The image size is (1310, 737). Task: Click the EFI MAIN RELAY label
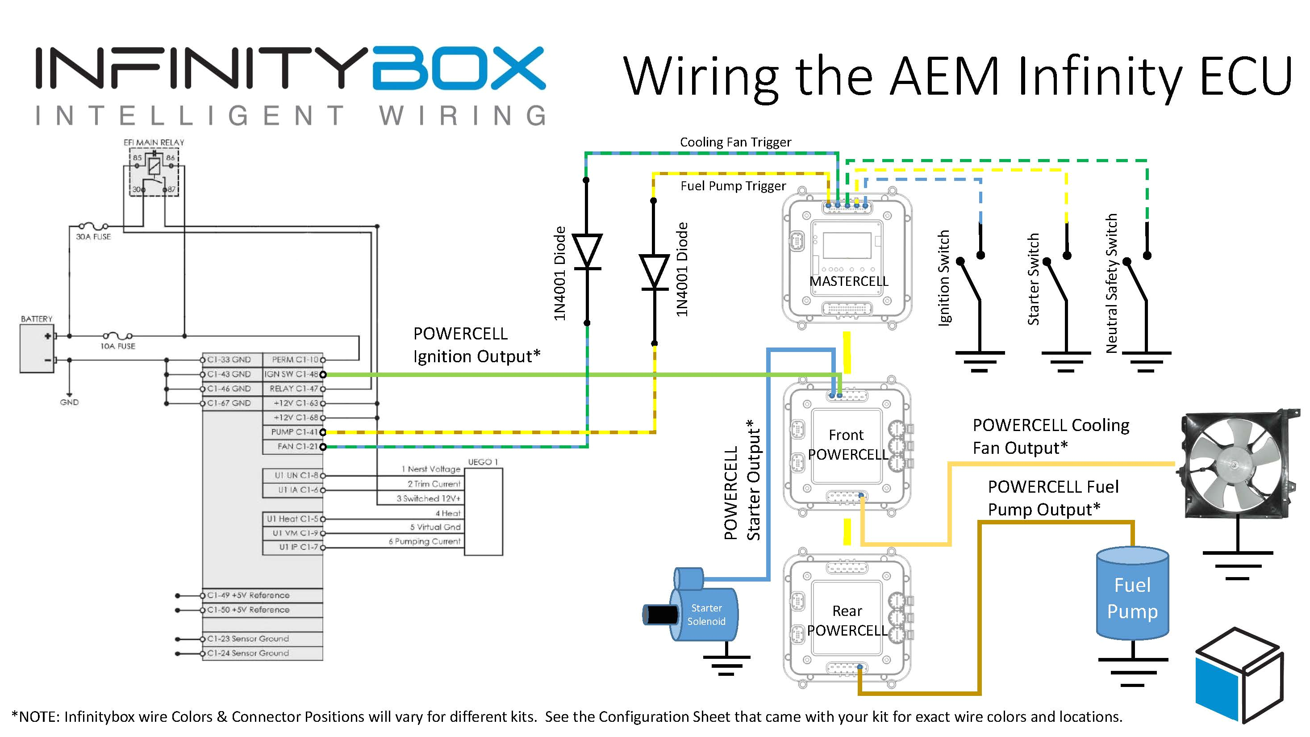pos(154,142)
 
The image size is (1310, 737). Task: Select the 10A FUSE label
pos(117,346)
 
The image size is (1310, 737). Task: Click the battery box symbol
pos(37,348)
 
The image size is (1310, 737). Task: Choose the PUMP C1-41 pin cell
pos(293,432)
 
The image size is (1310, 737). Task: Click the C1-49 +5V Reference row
pos(248,595)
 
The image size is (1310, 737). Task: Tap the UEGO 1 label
pos(483,462)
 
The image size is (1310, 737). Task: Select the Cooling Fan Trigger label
pos(735,142)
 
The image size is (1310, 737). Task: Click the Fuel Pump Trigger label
pos(733,186)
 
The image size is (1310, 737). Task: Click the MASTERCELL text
pos(848,281)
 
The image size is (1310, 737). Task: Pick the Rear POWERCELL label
pos(847,620)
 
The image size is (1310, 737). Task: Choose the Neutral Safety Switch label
pos(1112,283)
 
